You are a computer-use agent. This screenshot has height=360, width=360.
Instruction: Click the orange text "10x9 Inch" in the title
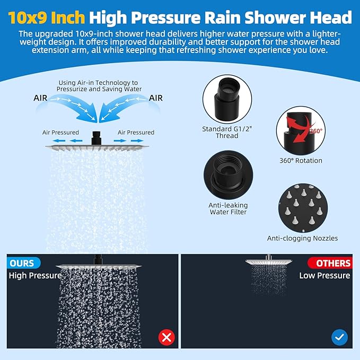(x=46, y=17)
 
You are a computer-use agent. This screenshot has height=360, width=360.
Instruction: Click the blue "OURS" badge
(x=22, y=263)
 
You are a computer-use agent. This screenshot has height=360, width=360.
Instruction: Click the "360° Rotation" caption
(x=301, y=160)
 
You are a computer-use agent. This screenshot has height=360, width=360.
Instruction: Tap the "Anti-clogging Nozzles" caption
(x=302, y=238)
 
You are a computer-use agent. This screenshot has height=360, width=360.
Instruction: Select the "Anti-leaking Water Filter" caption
(x=227, y=209)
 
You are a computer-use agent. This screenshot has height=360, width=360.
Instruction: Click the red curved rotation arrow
(x=295, y=136)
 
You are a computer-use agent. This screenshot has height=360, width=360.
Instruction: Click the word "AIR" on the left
(x=43, y=98)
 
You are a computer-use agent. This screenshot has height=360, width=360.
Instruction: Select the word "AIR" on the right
(x=156, y=98)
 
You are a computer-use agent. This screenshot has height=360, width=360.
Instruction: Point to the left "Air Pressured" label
(x=61, y=132)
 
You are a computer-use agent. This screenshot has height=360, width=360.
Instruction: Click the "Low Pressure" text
(x=324, y=275)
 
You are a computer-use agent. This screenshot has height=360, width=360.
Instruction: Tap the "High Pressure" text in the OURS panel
(x=35, y=275)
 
